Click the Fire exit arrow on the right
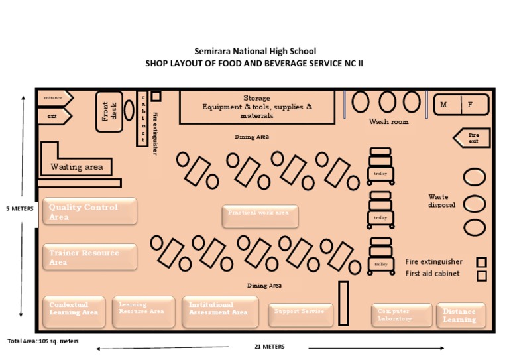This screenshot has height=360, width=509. tap(471, 138)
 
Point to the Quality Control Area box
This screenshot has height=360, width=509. tap(89, 211)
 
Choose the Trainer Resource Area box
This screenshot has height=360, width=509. tap(89, 257)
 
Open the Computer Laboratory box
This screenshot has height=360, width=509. tap(402, 315)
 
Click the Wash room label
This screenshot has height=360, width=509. tap(388, 122)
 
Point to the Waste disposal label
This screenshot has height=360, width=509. tap(442, 201)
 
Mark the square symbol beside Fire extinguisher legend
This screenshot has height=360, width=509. tap(482, 262)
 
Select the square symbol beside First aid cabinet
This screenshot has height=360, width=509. tap(482, 276)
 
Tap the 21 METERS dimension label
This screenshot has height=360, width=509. tap(269, 347)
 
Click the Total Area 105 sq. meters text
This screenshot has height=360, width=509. tap(43, 341)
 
